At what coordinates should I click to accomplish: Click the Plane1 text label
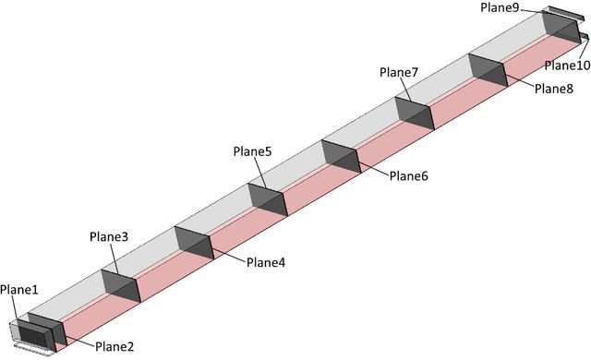point(19,290)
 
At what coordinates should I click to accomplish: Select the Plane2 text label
point(115,346)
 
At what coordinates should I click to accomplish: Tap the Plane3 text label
point(109,237)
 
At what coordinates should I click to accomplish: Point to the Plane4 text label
point(266,262)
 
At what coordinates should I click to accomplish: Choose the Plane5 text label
point(252,151)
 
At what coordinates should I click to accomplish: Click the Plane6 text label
point(409,176)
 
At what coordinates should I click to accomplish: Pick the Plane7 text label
point(399,72)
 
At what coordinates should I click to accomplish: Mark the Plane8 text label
point(554,89)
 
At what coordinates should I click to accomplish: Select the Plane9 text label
point(501,7)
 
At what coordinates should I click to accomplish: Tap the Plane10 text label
point(568,66)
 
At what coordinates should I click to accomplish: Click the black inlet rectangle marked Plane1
point(32,336)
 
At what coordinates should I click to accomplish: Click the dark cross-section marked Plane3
point(121,285)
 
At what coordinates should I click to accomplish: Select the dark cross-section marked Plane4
point(194,243)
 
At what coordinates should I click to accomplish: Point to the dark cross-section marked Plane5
point(268,199)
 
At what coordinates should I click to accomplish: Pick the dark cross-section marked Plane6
point(341,156)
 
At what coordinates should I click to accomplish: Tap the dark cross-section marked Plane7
point(415,113)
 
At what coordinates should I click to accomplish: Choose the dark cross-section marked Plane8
point(488,70)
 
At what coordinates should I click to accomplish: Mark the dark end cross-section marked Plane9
point(561,27)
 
